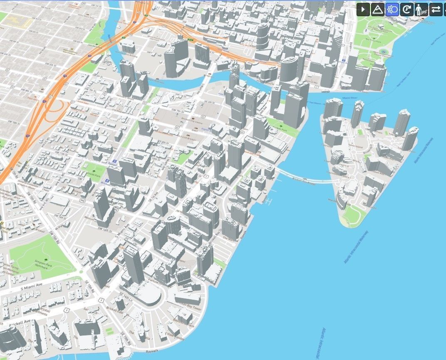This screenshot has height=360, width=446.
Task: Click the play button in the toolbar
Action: point(363,9)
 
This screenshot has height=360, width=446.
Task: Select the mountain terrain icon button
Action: point(378,9)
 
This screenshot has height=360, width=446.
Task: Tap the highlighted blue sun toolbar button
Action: point(392,9)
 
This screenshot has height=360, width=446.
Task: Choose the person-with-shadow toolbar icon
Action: point(420,9)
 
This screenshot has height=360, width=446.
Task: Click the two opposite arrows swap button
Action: point(436,9)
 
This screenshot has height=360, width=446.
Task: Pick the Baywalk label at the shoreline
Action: point(151,352)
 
